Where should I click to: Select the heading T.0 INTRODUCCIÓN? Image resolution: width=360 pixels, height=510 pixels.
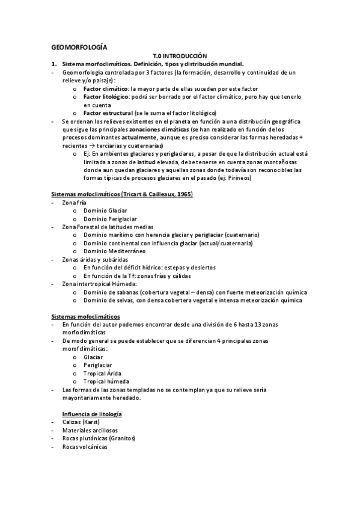point(180,55)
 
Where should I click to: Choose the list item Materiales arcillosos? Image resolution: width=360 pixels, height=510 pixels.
point(90,431)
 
